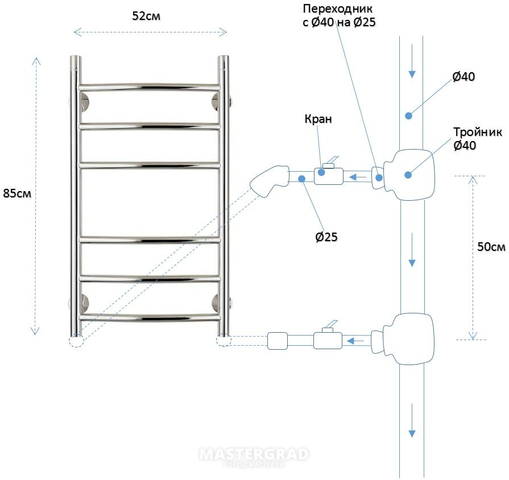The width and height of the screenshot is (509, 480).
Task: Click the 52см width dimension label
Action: point(146,16)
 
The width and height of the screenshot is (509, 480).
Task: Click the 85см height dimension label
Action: point(17,193)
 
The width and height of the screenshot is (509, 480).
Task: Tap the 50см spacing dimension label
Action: point(491,247)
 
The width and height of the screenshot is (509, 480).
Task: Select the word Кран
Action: point(318,119)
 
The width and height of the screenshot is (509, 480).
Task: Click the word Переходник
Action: point(338,9)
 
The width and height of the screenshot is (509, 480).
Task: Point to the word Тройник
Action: point(478,132)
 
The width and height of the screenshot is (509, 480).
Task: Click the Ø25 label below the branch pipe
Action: point(326,237)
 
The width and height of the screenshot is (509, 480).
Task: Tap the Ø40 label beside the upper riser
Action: point(464,77)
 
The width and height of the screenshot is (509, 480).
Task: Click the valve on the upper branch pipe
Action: point(329,175)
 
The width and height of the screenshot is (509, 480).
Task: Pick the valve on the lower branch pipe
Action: point(328,340)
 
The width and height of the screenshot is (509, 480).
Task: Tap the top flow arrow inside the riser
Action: point(412,61)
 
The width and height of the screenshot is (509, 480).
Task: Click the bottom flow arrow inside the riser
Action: point(412,421)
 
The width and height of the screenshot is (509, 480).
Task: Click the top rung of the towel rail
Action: point(150,87)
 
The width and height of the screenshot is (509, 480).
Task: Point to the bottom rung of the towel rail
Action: point(150,317)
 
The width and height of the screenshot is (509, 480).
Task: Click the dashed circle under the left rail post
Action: point(76,341)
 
